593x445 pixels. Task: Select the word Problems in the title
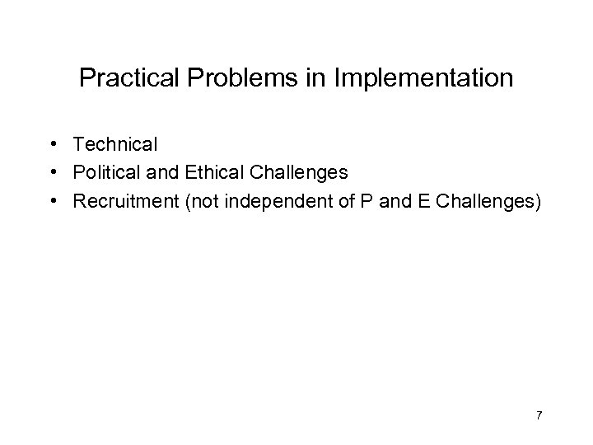coord(231,79)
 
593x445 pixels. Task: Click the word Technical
coord(114,145)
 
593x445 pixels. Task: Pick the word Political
coord(105,174)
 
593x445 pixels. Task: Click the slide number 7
coord(539,415)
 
